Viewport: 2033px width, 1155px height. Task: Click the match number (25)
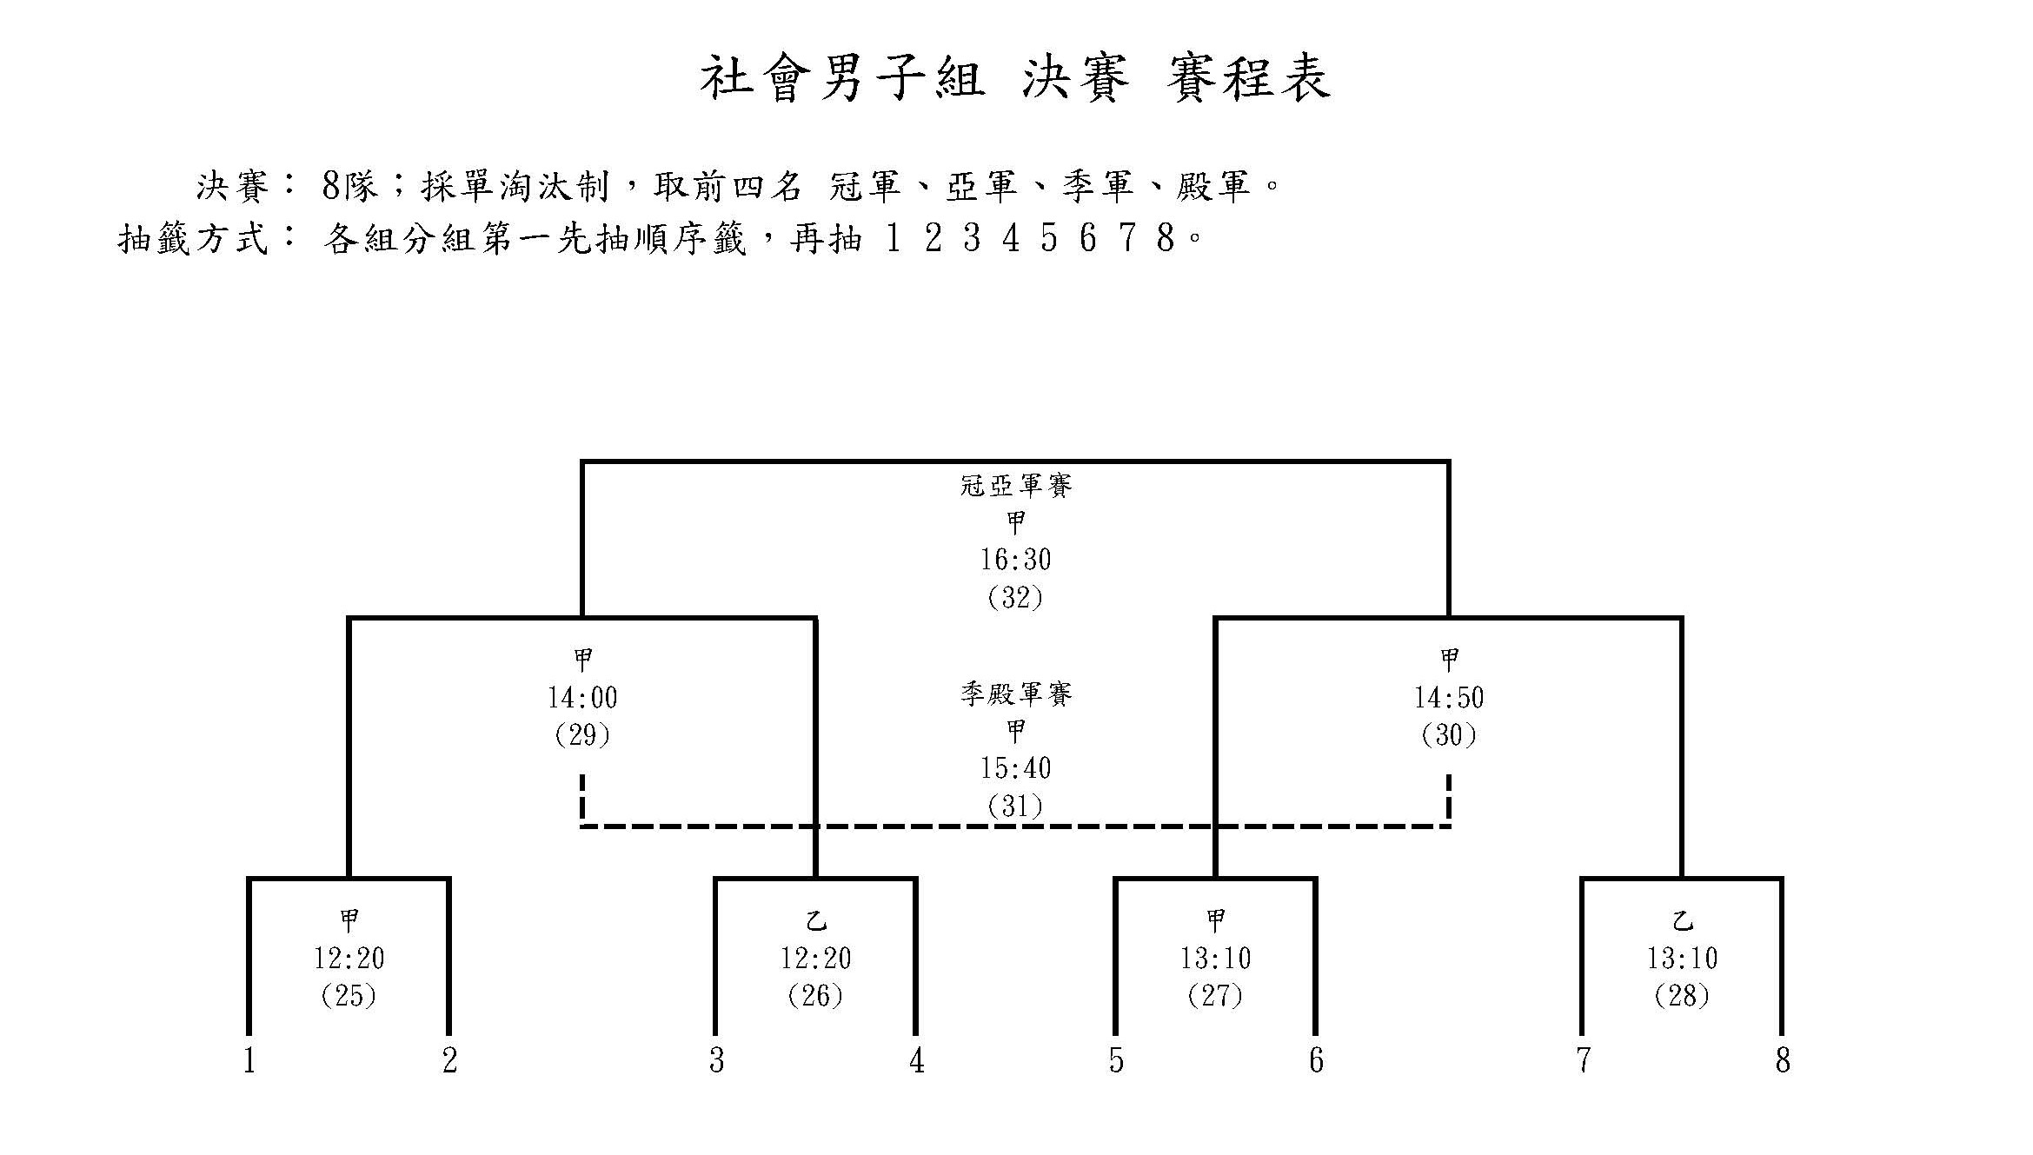pyautogui.click(x=349, y=995)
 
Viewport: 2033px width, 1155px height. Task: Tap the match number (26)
pyautogui.click(x=815, y=995)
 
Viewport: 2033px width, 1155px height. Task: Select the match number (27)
pyautogui.click(x=1215, y=995)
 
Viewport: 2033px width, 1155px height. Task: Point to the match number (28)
pyautogui.click(x=1682, y=995)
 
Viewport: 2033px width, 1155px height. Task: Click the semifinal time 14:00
pyautogui.click(x=582, y=698)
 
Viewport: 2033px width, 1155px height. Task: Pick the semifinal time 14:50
pyautogui.click(x=1449, y=698)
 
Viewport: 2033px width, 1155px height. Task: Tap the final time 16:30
pyautogui.click(x=1015, y=560)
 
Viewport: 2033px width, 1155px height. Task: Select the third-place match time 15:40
pyautogui.click(x=1015, y=768)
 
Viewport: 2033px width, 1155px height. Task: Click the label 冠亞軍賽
pyautogui.click(x=1015, y=485)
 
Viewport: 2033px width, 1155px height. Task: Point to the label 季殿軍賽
pyautogui.click(x=1015, y=694)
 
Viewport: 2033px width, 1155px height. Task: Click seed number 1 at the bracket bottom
pyautogui.click(x=249, y=1060)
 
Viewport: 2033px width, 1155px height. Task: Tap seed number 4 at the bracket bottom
pyautogui.click(x=917, y=1060)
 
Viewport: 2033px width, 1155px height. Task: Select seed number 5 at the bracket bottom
pyautogui.click(x=1116, y=1060)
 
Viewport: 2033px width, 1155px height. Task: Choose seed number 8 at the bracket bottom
pyautogui.click(x=1783, y=1060)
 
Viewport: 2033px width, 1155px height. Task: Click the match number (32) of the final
pyautogui.click(x=1015, y=597)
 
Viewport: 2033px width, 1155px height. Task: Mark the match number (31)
pyautogui.click(x=1015, y=807)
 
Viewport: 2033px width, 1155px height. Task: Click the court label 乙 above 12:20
pyautogui.click(x=815, y=920)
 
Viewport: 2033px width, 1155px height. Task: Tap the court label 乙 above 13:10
pyautogui.click(x=1682, y=920)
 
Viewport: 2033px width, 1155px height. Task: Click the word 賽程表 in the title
pyautogui.click(x=1250, y=78)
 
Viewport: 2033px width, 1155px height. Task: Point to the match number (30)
pyautogui.click(x=1449, y=735)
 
